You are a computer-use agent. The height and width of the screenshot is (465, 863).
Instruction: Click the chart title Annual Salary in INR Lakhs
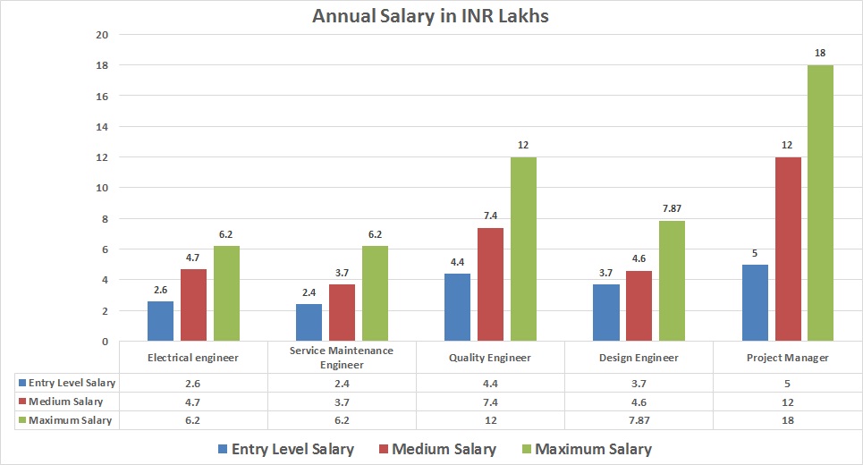[x=430, y=16]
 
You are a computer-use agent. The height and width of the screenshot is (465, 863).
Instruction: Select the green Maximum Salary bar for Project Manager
[x=820, y=203]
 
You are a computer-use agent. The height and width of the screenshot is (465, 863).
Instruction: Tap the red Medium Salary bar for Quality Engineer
[x=490, y=284]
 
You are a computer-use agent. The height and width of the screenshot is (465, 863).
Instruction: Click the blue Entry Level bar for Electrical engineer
[x=161, y=321]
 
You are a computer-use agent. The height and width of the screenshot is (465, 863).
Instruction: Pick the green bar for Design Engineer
[x=672, y=281]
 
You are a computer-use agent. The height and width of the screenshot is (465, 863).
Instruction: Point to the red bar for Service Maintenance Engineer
[x=342, y=312]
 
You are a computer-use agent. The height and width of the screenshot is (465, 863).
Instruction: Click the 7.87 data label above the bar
[x=672, y=209]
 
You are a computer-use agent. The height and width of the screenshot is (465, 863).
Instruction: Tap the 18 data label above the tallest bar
[x=820, y=54]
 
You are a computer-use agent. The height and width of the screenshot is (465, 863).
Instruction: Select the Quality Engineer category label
[x=490, y=358]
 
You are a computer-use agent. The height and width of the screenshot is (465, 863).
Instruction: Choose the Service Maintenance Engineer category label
[x=342, y=358]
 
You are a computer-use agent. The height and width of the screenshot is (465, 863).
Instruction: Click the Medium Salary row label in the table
[x=66, y=402]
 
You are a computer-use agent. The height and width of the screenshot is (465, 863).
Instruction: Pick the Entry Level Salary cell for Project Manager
[x=787, y=383]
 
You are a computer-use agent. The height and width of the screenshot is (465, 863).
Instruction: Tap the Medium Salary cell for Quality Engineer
[x=490, y=402]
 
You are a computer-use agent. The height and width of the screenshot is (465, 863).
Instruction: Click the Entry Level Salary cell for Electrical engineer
[x=193, y=383]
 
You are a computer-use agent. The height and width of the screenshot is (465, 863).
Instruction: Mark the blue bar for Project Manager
[x=755, y=302]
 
